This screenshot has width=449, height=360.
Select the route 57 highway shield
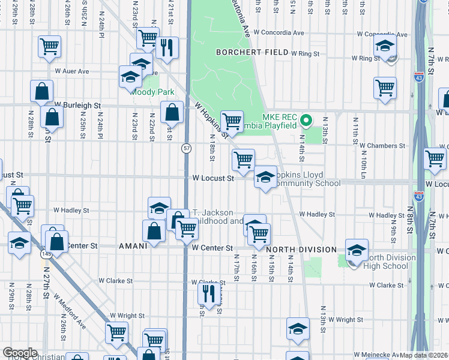coord(187,148)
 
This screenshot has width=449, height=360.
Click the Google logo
coord(20,353)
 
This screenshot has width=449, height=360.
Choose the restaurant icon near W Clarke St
coord(208,295)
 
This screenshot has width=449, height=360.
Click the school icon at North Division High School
coord(357,249)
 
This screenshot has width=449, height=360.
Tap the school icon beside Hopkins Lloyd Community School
coord(265,176)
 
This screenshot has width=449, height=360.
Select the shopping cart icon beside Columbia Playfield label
coord(232,121)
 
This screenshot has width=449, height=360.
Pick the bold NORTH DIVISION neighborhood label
coord(301,250)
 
